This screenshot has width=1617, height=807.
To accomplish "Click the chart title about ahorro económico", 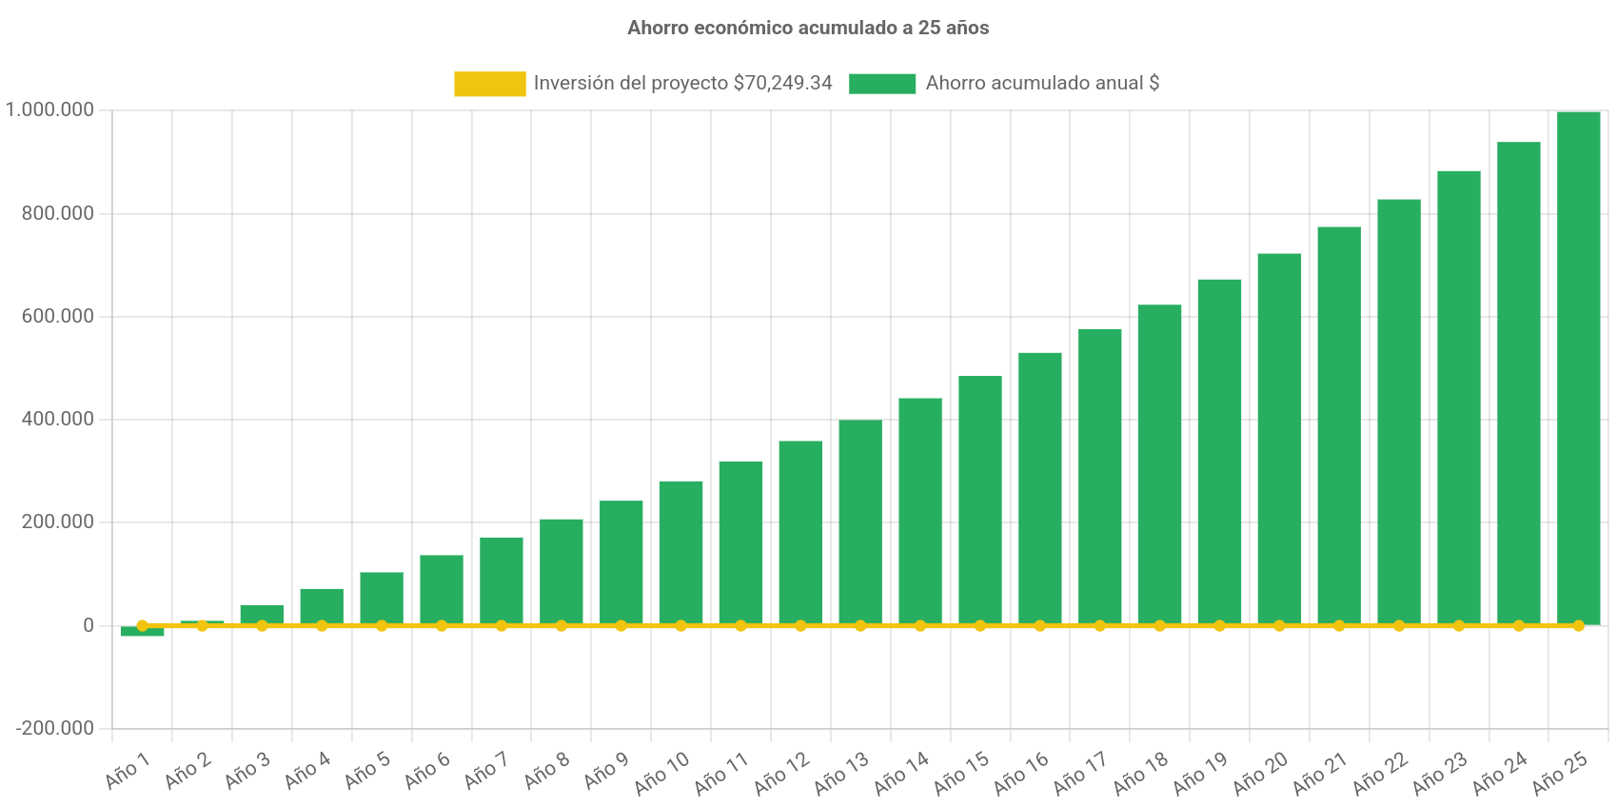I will pyautogui.click(x=808, y=29).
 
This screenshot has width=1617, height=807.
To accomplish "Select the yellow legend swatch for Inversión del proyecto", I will pyautogui.click(x=489, y=84).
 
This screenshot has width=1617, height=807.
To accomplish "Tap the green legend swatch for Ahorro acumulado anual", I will pyautogui.click(x=882, y=84).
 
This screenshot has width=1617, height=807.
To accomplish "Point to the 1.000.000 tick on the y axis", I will pyautogui.click(x=49, y=109).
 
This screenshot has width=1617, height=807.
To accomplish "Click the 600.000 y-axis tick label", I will pyautogui.click(x=58, y=316).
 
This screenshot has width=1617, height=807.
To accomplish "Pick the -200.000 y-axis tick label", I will pyautogui.click(x=55, y=728).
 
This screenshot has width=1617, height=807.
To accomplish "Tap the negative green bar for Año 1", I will pyautogui.click(x=142, y=632).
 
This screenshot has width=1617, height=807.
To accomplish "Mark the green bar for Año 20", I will pyautogui.click(x=1279, y=438).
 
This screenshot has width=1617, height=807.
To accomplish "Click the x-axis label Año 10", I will pyautogui.click(x=662, y=773).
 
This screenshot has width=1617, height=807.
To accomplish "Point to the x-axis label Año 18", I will pyautogui.click(x=1141, y=773).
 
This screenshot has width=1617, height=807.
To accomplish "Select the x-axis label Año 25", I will pyautogui.click(x=1560, y=773).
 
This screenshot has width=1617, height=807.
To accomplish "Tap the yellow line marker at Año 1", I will pyautogui.click(x=142, y=625).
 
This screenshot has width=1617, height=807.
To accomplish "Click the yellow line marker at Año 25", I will pyautogui.click(x=1578, y=625).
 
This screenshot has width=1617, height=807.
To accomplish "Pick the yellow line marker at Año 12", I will pyautogui.click(x=800, y=625).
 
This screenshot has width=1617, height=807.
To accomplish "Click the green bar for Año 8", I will pyautogui.click(x=562, y=571).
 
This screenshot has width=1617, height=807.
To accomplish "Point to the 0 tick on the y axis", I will pyautogui.click(x=89, y=625).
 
